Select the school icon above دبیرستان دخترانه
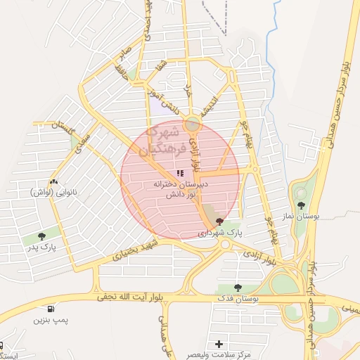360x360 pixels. (x=181, y=172)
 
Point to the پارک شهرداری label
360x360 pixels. (x=219, y=232)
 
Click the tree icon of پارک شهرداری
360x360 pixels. (x=219, y=221)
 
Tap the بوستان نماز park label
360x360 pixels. (x=301, y=217)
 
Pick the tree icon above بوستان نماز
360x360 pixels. (x=301, y=205)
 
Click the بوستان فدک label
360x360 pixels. (x=238, y=299)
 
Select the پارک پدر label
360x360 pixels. (x=41, y=247)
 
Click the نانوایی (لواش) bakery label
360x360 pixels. (x=54, y=191)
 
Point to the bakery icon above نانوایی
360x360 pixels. (x=54, y=181)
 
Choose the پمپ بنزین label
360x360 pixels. (x=50, y=321)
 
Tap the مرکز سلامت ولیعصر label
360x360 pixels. (x=220, y=355)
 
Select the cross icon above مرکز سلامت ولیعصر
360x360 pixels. (x=219, y=344)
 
